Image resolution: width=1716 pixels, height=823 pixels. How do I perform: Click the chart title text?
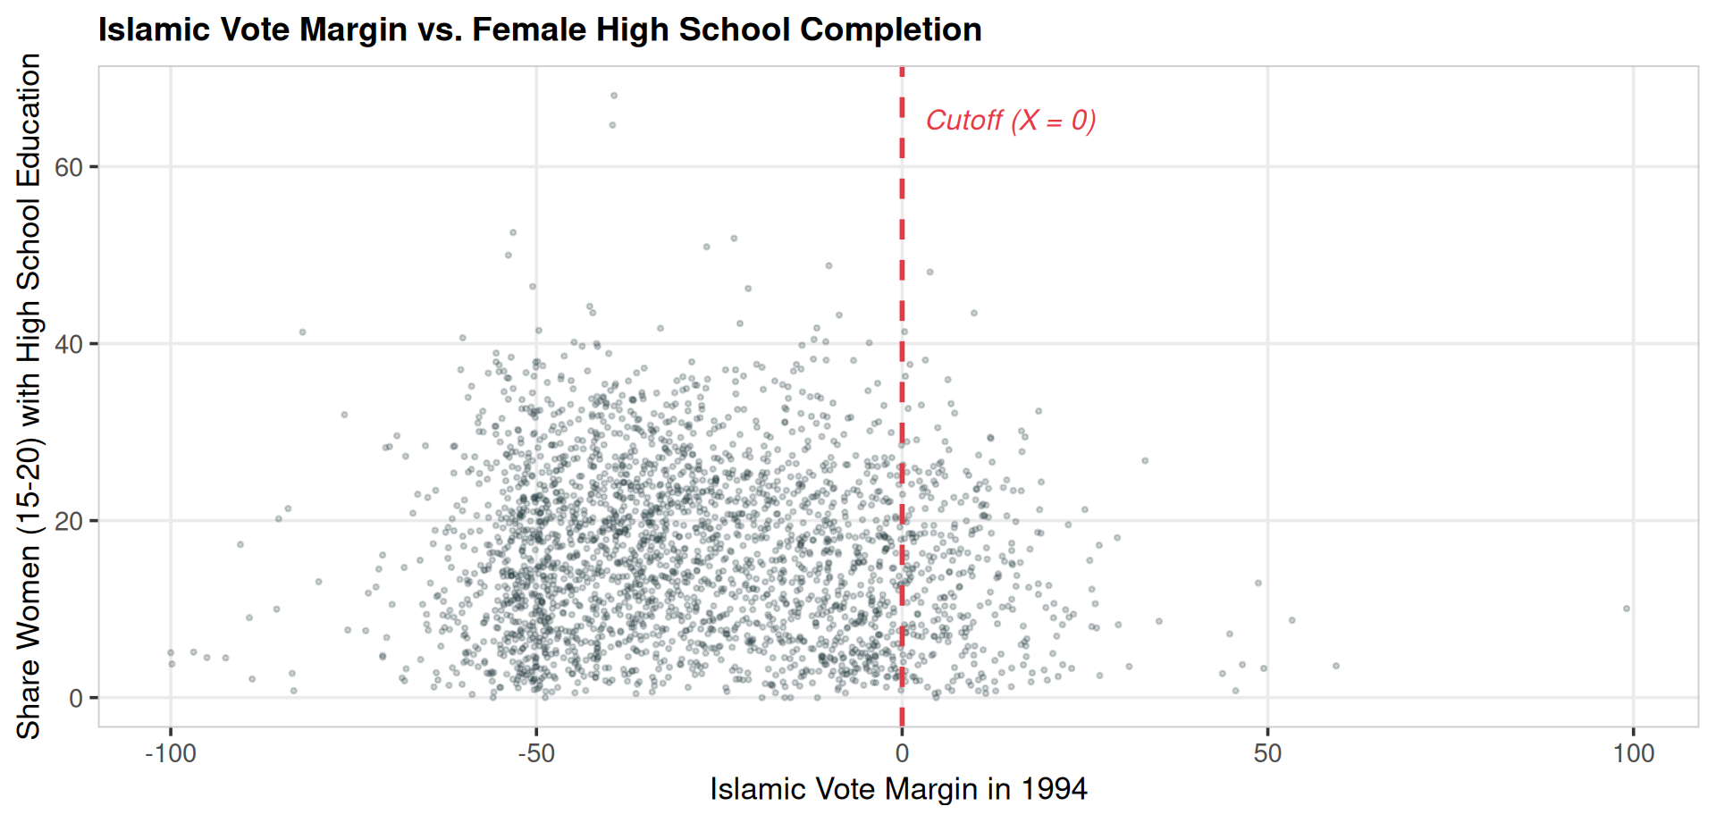point(540,29)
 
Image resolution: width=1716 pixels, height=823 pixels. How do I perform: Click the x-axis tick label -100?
point(171,753)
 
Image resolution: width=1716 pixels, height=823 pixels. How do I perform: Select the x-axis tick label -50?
point(536,753)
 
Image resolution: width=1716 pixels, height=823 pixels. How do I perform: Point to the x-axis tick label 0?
point(902,753)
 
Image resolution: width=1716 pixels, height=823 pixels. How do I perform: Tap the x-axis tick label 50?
point(1267,753)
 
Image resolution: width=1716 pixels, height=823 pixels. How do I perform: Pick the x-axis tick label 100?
point(1633,753)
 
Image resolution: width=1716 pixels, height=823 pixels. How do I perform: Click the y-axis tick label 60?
point(69,167)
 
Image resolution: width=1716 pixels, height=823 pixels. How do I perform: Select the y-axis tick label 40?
point(69,344)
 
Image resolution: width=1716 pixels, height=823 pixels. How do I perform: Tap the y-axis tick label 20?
point(69,521)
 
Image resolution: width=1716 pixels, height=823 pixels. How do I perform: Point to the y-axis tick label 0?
point(76,698)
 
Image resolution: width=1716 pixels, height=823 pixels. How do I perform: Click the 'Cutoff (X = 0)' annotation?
point(1011,121)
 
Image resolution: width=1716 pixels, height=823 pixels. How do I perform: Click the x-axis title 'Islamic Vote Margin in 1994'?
point(898,789)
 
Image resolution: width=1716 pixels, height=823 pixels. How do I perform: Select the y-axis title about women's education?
point(29,396)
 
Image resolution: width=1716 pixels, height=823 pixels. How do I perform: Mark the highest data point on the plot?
point(613,96)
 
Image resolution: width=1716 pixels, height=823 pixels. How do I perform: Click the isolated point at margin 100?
point(1627,609)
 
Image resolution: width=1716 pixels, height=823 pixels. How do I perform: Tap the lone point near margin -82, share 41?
point(302,332)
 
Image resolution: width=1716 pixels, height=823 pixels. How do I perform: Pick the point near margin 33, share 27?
point(1145,461)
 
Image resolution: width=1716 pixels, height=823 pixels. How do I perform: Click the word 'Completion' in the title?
point(891,29)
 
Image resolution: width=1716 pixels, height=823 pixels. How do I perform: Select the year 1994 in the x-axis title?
point(1054,789)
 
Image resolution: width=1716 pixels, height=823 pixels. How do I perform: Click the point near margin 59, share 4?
point(1336,666)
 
